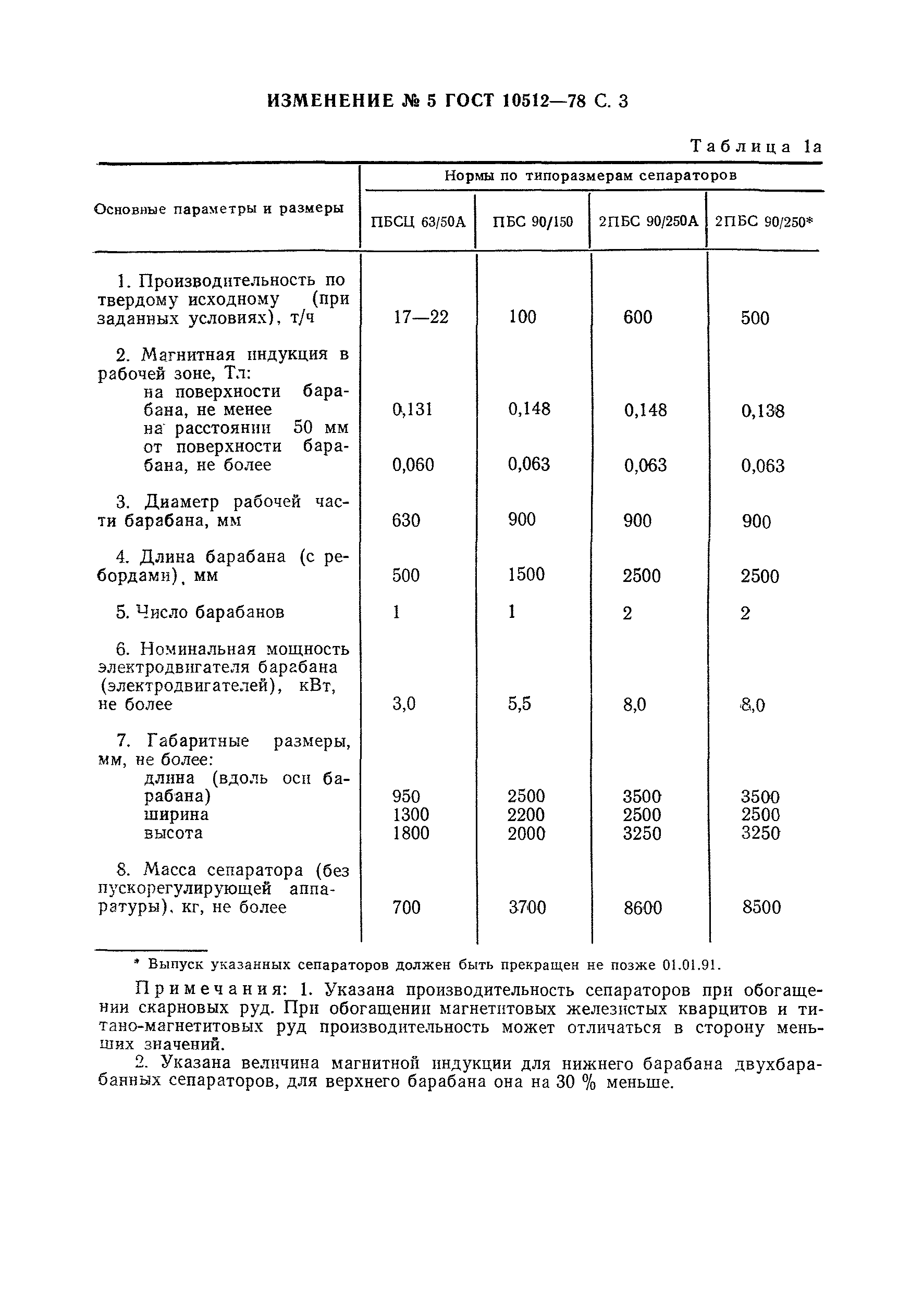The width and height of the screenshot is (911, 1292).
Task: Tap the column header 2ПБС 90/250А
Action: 648,221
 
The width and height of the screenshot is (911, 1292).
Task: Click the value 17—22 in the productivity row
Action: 421,317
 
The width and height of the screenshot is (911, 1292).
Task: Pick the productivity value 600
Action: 637,317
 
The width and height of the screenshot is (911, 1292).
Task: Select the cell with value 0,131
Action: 413,409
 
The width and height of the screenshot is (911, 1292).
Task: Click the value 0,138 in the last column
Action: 762,412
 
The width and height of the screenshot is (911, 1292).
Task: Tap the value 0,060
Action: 413,465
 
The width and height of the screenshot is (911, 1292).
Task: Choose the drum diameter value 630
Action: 406,520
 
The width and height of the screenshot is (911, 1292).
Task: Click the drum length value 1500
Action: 526,575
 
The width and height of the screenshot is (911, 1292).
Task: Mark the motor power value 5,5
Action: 519,704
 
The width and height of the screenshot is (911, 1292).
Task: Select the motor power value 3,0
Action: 404,704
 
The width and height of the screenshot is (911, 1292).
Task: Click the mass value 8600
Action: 643,908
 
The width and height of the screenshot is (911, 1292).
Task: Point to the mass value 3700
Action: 527,907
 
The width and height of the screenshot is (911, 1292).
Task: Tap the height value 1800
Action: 411,833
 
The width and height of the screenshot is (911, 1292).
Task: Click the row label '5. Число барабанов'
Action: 200,612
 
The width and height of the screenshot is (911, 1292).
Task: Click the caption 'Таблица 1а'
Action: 756,147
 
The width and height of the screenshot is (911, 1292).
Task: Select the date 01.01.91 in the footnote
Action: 691,965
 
